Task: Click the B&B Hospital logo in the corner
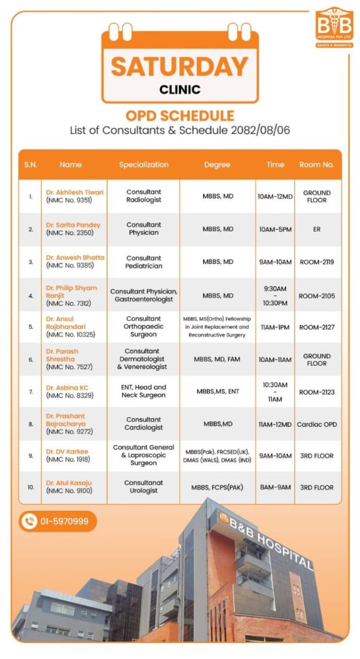tap(334, 27)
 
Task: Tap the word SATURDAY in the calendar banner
tap(179, 66)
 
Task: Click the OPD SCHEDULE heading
tap(179, 116)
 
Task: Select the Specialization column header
tap(144, 165)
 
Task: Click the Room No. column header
tap(317, 165)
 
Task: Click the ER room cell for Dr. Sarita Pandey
tap(317, 229)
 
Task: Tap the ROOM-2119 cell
tap(317, 262)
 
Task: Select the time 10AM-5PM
tap(275, 229)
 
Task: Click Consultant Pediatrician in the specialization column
tap(144, 262)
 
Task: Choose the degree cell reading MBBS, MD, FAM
tap(217, 359)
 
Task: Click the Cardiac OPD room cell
tap(317, 424)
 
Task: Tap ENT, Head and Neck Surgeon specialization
tap(144, 391)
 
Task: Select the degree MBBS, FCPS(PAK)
tap(217, 487)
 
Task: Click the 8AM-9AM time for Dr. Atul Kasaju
tap(275, 487)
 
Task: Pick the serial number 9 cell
tap(31, 456)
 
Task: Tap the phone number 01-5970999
tap(64, 521)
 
